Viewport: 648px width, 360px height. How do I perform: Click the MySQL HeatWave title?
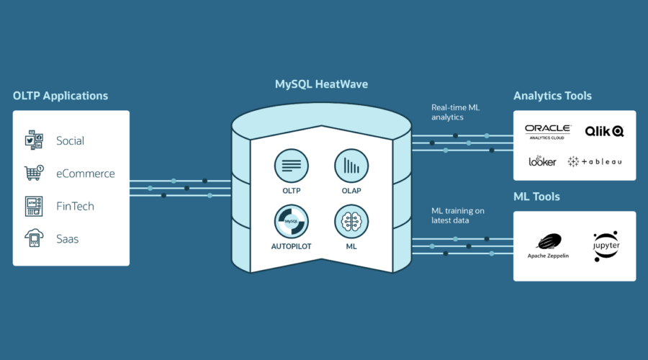[321, 84]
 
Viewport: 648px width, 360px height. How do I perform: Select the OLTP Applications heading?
[60, 95]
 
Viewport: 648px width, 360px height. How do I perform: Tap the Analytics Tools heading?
[552, 95]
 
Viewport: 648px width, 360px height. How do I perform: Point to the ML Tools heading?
[536, 197]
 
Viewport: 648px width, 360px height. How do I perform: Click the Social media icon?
[34, 140]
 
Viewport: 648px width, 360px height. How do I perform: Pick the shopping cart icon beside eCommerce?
[34, 173]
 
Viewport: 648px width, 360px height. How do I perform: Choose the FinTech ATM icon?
[34, 206]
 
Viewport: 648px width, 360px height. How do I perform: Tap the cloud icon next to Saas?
[34, 238]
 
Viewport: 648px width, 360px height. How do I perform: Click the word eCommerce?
[85, 174]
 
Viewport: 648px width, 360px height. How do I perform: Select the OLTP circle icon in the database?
[291, 165]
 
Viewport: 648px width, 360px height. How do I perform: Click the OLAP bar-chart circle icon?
[351, 165]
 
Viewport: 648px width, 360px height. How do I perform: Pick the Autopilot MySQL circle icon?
[291, 222]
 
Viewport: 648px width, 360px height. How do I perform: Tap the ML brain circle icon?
[351, 222]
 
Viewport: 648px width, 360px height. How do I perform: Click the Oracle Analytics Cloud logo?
[547, 131]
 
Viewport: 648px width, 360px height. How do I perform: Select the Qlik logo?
[604, 131]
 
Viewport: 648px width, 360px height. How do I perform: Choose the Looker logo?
[542, 161]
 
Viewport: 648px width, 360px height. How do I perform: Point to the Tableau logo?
[595, 162]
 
